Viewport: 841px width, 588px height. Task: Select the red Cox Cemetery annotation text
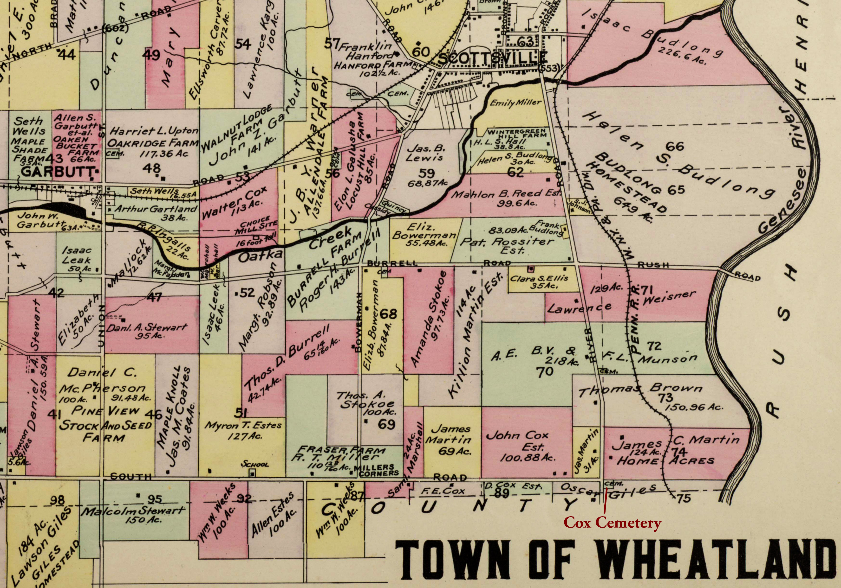pos(613,523)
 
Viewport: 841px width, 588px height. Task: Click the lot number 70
pos(544,372)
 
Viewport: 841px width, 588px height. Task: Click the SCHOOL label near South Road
pos(254,465)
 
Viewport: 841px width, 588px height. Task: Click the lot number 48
pos(152,168)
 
